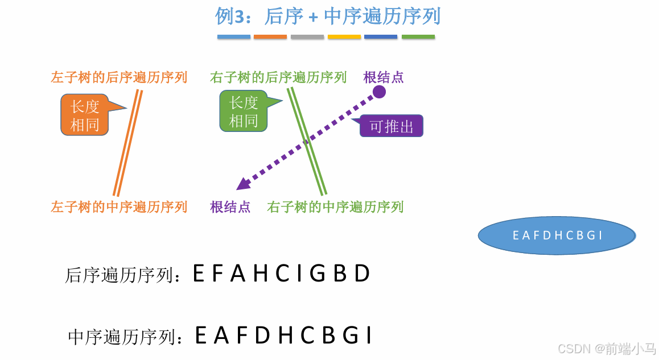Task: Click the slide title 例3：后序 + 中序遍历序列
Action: tap(328, 16)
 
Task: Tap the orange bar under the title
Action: tap(270, 37)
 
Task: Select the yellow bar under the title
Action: tap(344, 37)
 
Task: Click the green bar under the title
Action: tap(418, 37)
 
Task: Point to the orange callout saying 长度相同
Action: tap(85, 114)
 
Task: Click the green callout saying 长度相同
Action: tap(244, 111)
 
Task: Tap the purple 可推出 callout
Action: tap(392, 126)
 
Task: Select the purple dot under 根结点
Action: tap(380, 92)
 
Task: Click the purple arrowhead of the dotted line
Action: tap(242, 184)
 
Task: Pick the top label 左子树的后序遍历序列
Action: tap(119, 77)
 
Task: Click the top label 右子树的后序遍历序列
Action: tap(278, 77)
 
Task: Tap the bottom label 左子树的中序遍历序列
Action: tap(119, 206)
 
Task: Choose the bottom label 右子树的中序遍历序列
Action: tap(335, 206)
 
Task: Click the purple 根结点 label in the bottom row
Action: tap(230, 206)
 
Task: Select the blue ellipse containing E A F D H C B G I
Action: tap(557, 235)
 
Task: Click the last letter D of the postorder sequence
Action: tap(363, 274)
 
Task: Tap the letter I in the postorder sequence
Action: tap(300, 274)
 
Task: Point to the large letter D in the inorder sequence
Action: tap(262, 336)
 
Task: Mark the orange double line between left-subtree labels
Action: tap(127, 142)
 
